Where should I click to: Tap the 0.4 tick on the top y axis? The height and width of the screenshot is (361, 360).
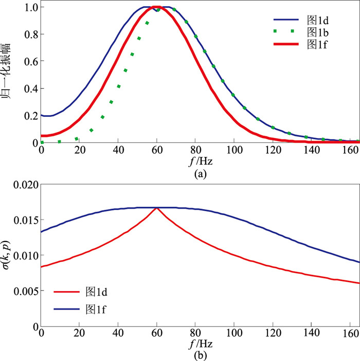pyautogui.click(x=30, y=89)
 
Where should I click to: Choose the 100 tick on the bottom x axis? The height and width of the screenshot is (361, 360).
pyautogui.click(x=234, y=334)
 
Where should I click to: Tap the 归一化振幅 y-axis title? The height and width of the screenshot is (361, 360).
pyautogui.click(x=8, y=75)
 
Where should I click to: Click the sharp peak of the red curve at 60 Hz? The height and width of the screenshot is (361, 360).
pyautogui.click(x=157, y=208)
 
